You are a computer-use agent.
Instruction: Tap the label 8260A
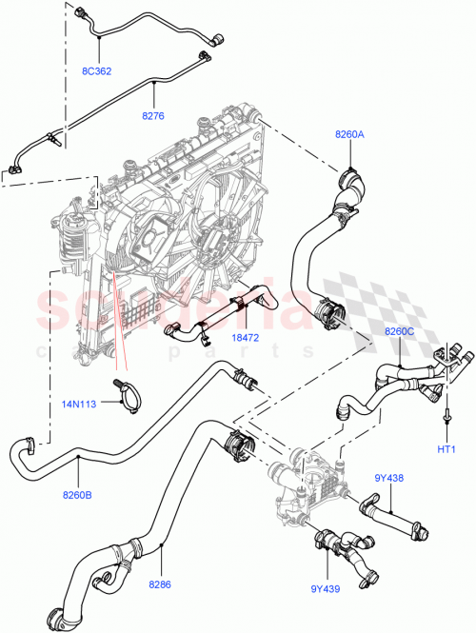(x=348, y=135)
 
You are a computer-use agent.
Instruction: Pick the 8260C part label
(x=400, y=330)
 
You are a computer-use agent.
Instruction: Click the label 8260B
(x=79, y=494)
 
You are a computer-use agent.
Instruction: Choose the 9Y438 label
(x=389, y=478)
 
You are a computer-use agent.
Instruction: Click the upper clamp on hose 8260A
(x=350, y=179)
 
